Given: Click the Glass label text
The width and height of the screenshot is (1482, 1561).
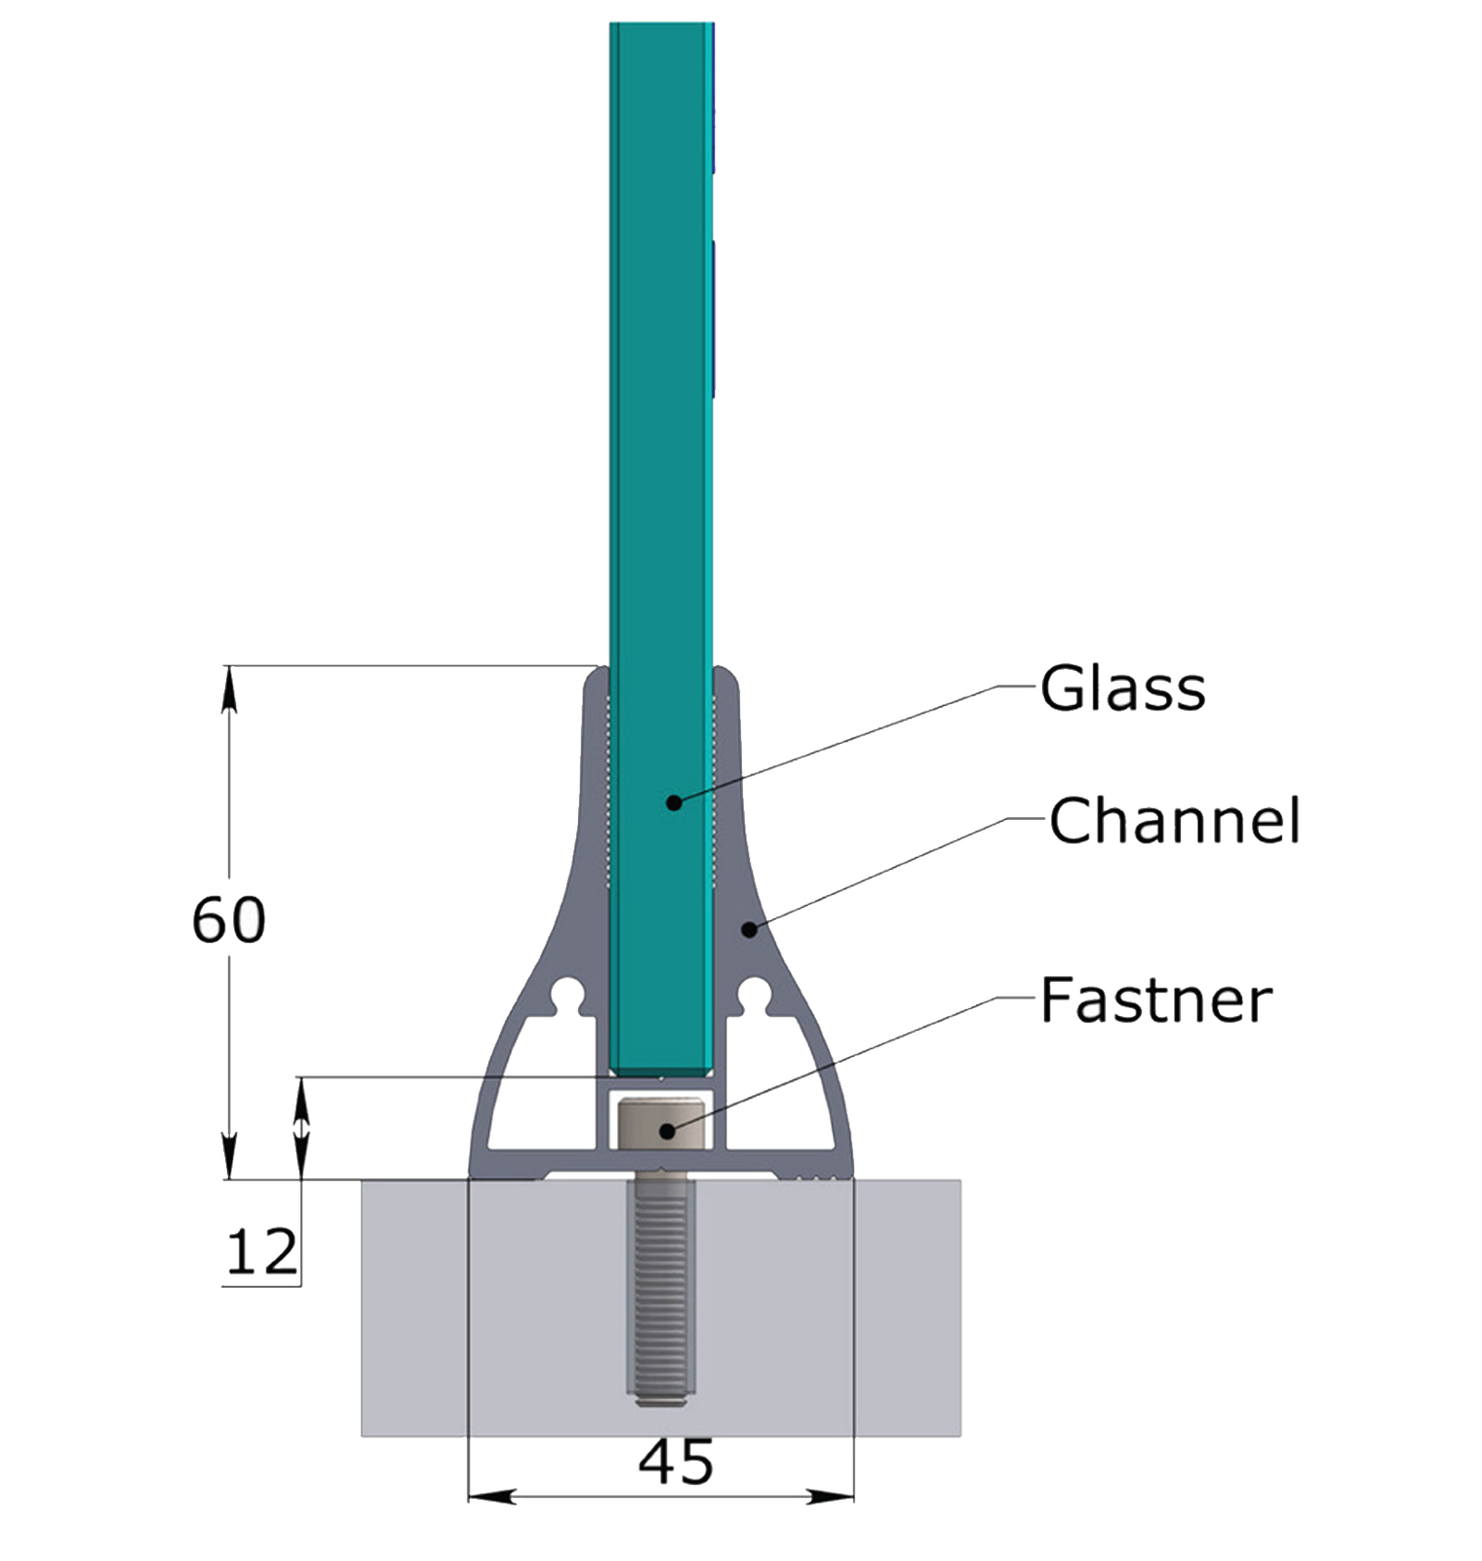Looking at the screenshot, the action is (x=1123, y=688).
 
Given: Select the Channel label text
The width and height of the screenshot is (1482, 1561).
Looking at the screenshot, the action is (x=1174, y=821).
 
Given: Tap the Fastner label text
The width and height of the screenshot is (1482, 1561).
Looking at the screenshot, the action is (x=1156, y=1001).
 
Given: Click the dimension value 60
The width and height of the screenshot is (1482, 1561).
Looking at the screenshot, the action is (x=229, y=920).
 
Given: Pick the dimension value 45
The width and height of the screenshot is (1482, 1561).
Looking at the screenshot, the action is (x=676, y=1463).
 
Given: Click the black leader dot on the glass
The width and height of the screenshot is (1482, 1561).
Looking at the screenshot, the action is (x=674, y=802).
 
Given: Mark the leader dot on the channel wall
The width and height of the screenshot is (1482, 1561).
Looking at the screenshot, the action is (x=750, y=928).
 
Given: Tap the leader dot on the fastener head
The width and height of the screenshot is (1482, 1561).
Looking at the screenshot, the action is (x=667, y=1131).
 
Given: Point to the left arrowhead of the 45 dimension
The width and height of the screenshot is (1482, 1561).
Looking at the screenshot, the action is (x=492, y=1496).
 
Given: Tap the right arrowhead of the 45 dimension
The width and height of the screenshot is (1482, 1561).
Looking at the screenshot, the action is (x=830, y=1496).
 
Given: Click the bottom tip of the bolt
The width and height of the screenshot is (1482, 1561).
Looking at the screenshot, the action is (x=660, y=1403).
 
